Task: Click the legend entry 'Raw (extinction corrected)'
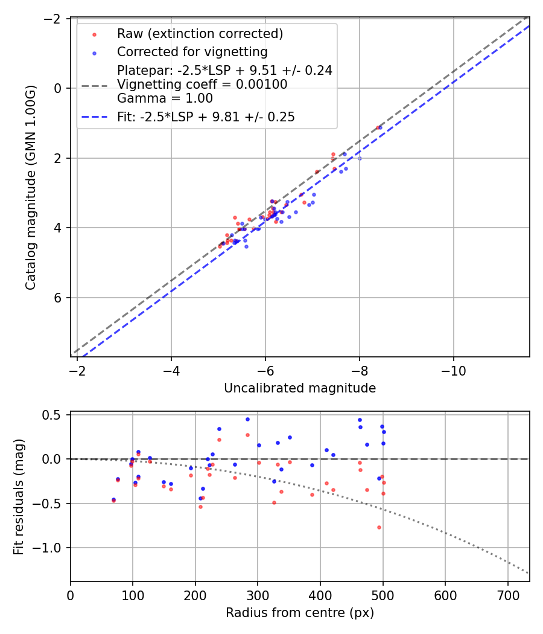200,33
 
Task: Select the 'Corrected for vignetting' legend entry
192,51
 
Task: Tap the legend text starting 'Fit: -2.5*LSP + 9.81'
206,117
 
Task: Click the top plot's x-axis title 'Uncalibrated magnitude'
300,388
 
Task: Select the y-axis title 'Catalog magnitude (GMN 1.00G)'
31,187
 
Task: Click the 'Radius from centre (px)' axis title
300,613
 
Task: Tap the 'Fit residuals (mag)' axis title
19,496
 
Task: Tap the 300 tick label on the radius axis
258,595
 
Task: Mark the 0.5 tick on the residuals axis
56,415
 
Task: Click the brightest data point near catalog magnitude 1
379,127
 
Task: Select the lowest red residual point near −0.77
379,527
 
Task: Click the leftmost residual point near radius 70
113,500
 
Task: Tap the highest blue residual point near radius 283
247,419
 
